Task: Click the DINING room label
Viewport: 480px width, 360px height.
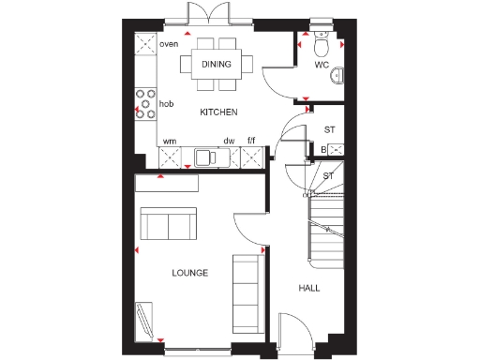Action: click(217, 64)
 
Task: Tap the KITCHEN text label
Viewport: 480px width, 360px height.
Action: click(217, 112)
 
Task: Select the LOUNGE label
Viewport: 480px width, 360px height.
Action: click(189, 273)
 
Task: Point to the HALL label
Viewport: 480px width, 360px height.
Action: click(308, 288)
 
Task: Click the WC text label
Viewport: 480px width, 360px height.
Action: click(322, 66)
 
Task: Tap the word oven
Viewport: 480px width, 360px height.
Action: click(169, 44)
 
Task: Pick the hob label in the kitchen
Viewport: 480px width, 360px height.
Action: click(166, 104)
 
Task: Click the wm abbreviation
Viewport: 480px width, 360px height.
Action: click(170, 142)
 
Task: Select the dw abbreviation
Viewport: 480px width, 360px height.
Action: click(228, 142)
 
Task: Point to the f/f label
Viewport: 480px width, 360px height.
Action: click(251, 142)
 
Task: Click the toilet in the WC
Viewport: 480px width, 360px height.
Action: click(321, 43)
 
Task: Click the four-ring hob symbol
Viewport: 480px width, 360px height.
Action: click(145, 103)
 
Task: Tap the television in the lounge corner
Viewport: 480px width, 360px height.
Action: click(144, 318)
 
